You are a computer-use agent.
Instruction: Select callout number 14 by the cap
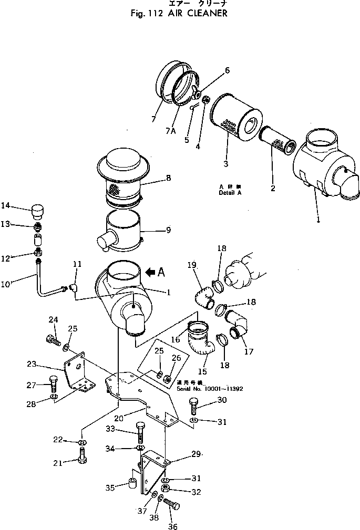pyautogui.click(x=6, y=205)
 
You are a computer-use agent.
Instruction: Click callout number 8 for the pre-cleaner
pyautogui.click(x=168, y=178)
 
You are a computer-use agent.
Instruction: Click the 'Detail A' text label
pyautogui.click(x=230, y=193)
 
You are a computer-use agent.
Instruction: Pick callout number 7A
pyautogui.click(x=170, y=130)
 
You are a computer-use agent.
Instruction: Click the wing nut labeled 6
pyautogui.click(x=197, y=90)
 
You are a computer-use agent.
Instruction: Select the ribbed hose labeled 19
pyautogui.click(x=202, y=296)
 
